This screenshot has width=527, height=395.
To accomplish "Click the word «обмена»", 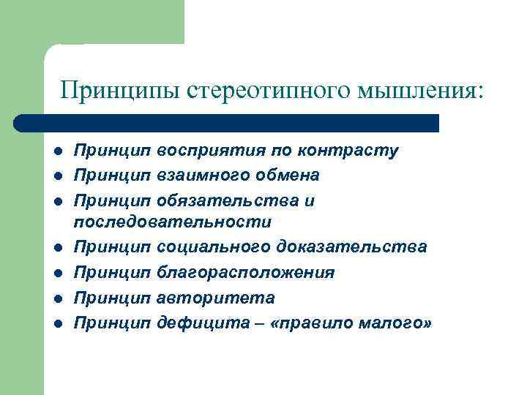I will point(285,176).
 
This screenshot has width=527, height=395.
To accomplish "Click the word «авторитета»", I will point(216,298).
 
